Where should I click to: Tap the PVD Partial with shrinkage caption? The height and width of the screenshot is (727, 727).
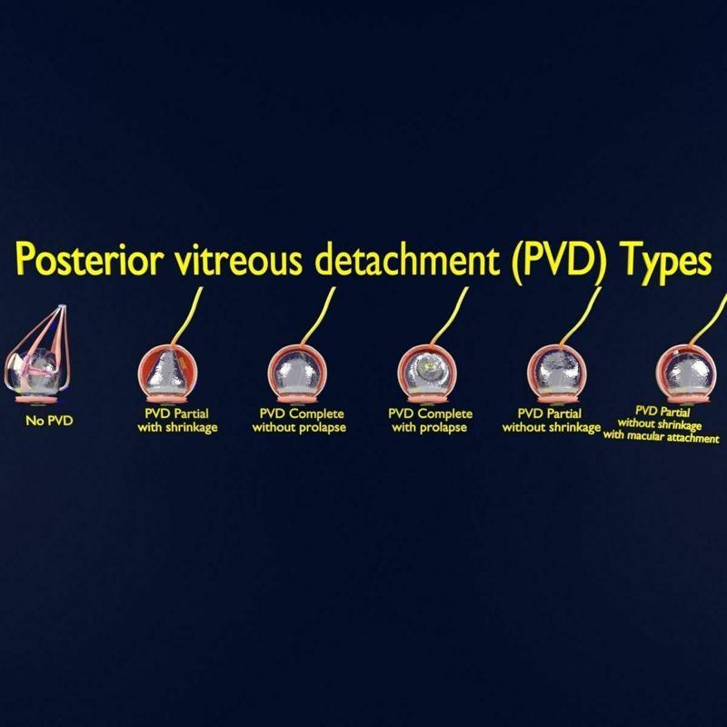[177, 421]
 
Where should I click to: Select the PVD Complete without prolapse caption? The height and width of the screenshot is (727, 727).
[300, 421]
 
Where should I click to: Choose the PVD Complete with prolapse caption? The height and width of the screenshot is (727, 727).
[431, 421]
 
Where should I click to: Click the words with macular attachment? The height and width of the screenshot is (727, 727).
[662, 438]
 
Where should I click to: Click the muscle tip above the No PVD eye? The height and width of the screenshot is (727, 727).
[60, 307]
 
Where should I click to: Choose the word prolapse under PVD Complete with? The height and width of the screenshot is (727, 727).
[446, 427]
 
